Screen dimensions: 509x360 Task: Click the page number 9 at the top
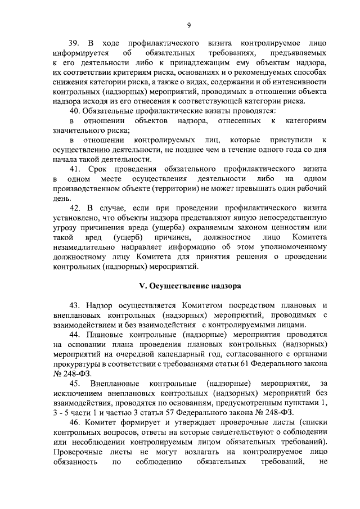(x=190, y=24)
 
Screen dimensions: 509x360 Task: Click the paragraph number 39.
(x=74, y=43)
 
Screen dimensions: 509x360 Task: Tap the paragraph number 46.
(x=74, y=421)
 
